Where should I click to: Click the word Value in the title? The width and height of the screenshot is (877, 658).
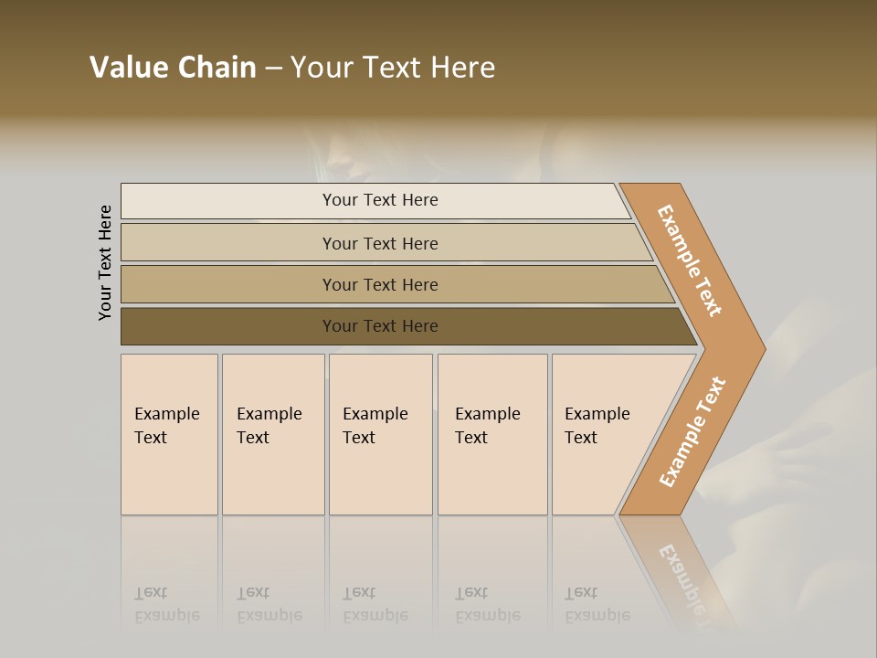[129, 68]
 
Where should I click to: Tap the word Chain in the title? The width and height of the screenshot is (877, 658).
[217, 68]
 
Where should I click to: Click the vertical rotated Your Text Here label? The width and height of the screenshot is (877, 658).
[105, 263]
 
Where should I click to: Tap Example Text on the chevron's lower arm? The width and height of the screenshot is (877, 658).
[692, 431]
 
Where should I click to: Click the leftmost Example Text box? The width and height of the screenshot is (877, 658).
[169, 434]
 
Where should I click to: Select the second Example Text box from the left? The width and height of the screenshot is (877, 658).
[273, 434]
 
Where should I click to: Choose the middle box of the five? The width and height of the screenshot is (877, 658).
[380, 434]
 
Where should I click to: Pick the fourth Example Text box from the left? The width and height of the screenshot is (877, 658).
[492, 434]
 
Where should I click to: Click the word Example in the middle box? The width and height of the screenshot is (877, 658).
[375, 414]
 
